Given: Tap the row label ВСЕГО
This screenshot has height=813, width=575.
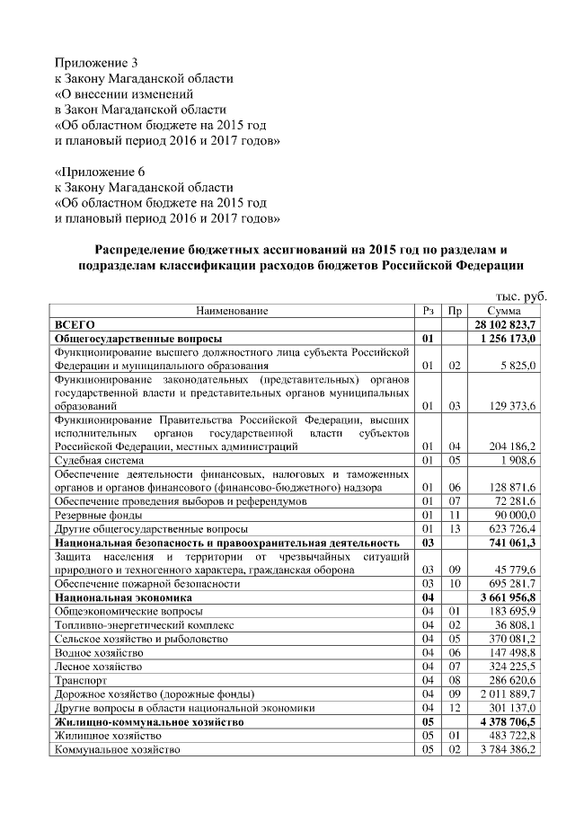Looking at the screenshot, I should [x=75, y=324].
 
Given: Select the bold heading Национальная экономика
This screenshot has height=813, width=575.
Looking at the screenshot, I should [x=123, y=597].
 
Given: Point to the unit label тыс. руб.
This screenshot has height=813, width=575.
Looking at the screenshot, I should [x=522, y=296].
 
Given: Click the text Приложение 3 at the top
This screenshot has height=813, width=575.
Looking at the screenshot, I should [x=97, y=63].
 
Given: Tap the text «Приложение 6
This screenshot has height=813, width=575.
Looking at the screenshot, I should [x=100, y=172].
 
